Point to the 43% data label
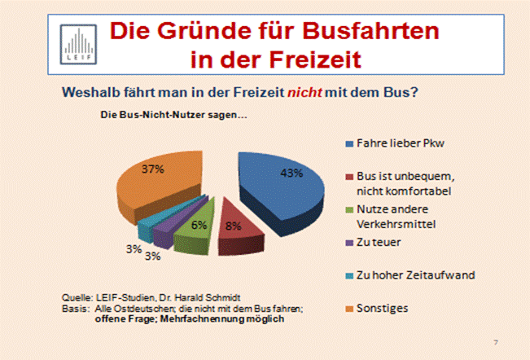pyautogui.click(x=291, y=173)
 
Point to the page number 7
pyautogui.click(x=497, y=339)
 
